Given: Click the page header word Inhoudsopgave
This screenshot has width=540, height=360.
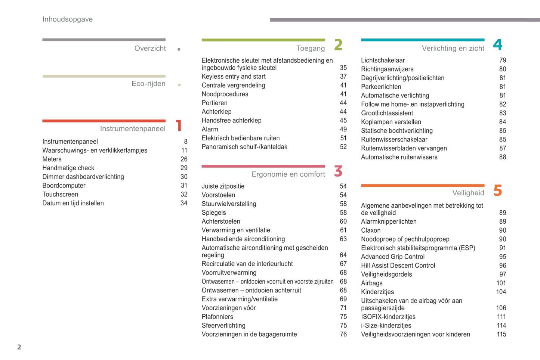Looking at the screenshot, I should coord(67,19).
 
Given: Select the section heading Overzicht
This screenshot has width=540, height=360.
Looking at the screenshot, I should coord(150,49).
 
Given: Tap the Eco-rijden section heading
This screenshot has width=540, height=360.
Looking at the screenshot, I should coord(148,84).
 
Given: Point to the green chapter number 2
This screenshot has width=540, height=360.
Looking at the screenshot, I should coord(338,45).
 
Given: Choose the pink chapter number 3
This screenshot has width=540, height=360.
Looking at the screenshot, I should coord(338,171).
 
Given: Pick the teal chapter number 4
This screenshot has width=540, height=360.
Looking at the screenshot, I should coord(497,45).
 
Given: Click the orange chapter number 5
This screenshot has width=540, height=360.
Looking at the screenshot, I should coord(497,190).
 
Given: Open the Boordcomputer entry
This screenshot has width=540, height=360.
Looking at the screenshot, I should coord(64,186).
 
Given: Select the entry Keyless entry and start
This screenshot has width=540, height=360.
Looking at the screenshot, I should coord(234,77).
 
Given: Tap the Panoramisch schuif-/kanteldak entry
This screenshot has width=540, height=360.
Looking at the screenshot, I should coord(244,147).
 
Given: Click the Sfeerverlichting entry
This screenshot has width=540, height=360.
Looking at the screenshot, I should coord(223,326).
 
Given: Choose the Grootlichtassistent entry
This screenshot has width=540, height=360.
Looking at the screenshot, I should coord(387,113).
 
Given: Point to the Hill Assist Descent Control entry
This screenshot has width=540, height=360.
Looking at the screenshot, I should coord(398,266).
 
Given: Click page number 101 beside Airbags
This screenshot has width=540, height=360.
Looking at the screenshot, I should coord(501,283).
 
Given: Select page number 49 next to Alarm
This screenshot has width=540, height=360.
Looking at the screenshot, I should coord(343,130).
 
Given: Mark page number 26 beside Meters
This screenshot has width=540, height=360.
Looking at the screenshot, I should coord(184,159).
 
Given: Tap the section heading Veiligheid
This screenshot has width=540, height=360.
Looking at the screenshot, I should coord(468,193).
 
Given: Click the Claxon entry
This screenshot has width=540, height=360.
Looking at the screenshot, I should coord(371,230).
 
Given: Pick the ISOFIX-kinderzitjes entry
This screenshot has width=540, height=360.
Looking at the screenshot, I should coord(388,317).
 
